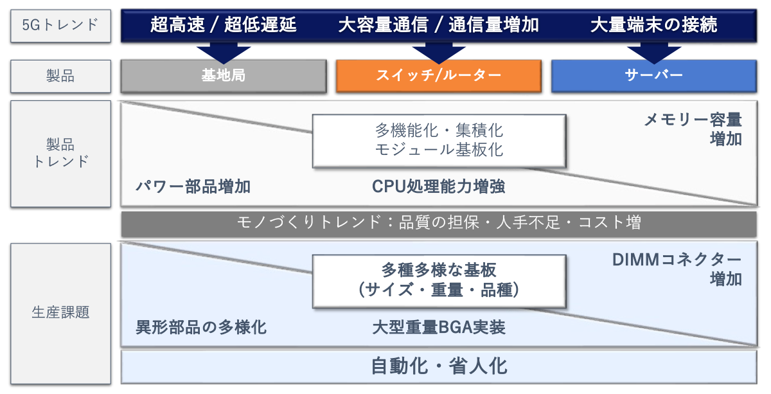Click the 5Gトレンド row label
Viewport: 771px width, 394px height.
(x=60, y=25)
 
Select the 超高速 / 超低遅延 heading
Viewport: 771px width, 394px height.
(x=224, y=25)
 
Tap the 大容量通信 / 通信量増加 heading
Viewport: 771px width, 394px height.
(x=438, y=25)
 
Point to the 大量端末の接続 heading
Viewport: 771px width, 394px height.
(x=653, y=25)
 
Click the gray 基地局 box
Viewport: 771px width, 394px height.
(x=223, y=76)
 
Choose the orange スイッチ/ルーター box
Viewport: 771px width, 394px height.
(x=438, y=76)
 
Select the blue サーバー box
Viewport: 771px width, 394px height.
(x=653, y=76)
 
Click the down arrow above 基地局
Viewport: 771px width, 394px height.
(x=223, y=52)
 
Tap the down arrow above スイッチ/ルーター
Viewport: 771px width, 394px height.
(x=438, y=52)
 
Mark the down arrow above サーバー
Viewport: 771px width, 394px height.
(x=653, y=52)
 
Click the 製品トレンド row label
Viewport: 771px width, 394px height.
(x=60, y=153)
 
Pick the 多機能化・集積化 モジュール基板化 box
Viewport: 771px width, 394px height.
(x=439, y=140)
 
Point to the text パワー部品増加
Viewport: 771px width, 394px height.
(x=193, y=187)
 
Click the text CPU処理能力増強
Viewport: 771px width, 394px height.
(x=438, y=186)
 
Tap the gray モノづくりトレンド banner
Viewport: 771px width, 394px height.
(x=438, y=223)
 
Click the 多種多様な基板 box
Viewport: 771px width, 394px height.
(x=439, y=280)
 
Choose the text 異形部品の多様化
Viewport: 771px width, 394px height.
(x=200, y=328)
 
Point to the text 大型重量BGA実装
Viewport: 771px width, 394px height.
(x=438, y=328)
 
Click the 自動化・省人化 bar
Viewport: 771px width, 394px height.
(x=438, y=366)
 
